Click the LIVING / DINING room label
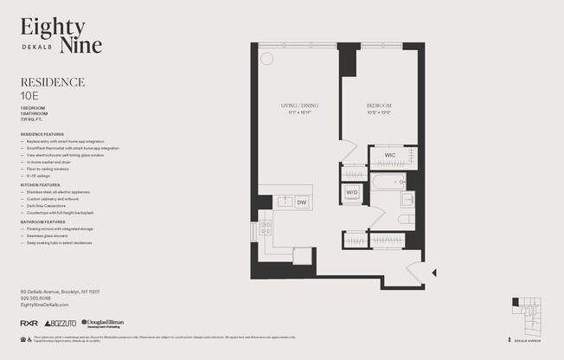pyautogui.click(x=294, y=106)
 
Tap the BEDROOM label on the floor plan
pyautogui.click(x=379, y=106)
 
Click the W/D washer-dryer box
pyautogui.click(x=352, y=192)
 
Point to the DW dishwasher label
pyautogui.click(x=301, y=202)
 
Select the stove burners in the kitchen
pyautogui.click(x=265, y=228)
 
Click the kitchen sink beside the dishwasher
pyautogui.click(x=283, y=202)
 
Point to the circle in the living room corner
pyautogui.click(x=266, y=58)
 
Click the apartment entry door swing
pyautogui.click(x=415, y=273)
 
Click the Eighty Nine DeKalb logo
pyautogui.click(x=61, y=35)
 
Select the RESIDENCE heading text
pyautogui.click(x=52, y=82)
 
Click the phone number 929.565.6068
pyautogui.click(x=40, y=299)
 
